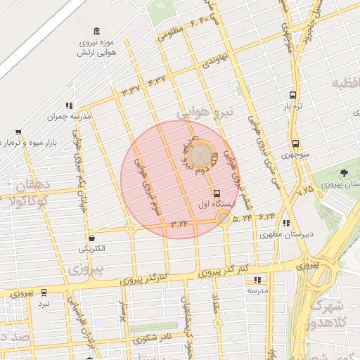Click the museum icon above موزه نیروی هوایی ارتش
coord(96,30)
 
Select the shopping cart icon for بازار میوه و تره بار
coord(18,131)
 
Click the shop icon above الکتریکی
coord(92,238)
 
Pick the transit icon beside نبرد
coord(44,292)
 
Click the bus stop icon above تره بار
coord(292,96)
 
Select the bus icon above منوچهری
coord(295,143)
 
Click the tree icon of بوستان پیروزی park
coord(344,172)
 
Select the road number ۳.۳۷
coord(131,89)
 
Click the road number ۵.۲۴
coord(243,219)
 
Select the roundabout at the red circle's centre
coord(200,151)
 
